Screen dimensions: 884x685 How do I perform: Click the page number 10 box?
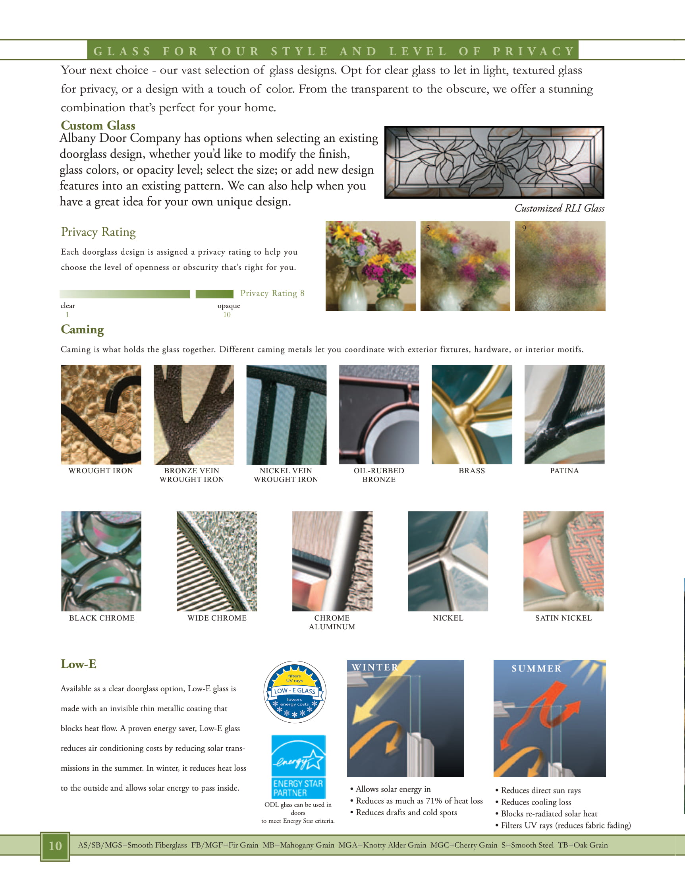click(55, 845)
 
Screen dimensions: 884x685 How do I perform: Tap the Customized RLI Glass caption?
click(559, 208)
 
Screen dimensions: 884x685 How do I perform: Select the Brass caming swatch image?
click(471, 414)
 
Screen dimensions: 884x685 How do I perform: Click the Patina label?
click(564, 471)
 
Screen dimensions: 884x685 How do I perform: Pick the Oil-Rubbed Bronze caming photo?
click(379, 414)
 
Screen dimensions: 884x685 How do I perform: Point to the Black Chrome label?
click(102, 618)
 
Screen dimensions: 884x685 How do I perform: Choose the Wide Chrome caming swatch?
click(216, 561)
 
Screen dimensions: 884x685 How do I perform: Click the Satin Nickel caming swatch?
click(563, 561)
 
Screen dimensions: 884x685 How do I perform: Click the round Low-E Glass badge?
click(295, 692)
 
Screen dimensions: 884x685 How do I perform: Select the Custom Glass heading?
click(98, 126)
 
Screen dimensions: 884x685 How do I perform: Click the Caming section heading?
click(82, 329)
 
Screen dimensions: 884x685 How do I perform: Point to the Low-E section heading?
click(79, 664)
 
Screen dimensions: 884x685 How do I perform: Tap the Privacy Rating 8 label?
click(272, 293)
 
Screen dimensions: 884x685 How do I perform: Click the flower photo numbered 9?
click(560, 266)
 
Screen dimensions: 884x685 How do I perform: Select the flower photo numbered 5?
click(465, 266)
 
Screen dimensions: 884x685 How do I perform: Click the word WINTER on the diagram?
click(375, 667)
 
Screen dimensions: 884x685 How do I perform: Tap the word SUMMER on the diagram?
click(536, 669)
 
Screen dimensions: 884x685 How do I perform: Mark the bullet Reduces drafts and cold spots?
click(406, 812)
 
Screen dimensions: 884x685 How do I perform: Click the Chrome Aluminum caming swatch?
click(332, 561)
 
